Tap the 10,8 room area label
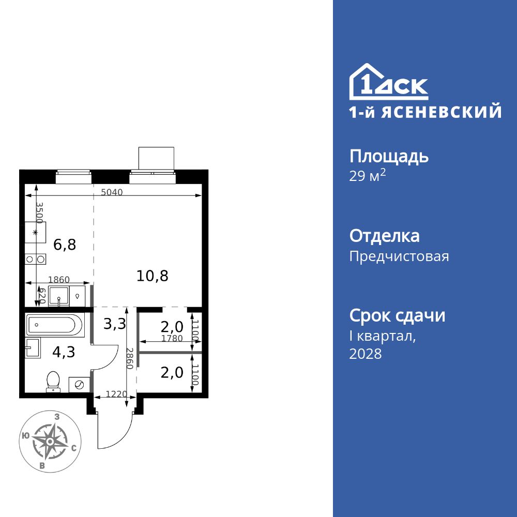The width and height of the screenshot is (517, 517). coord(153,276)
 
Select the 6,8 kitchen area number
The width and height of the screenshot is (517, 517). coord(65,245)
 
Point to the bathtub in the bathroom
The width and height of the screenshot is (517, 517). coord(54,325)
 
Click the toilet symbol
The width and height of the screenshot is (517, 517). coord(53,382)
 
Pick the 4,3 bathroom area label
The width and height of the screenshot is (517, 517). coord(64,352)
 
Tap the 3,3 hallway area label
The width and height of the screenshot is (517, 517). coord(115,324)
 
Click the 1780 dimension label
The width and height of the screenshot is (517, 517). coord(171,339)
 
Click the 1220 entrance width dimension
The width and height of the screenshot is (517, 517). coord(116,394)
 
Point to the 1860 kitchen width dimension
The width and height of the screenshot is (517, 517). coord(58,280)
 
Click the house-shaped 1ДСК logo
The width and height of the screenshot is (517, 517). coord(388,83)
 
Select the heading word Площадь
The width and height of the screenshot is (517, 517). coord(389,156)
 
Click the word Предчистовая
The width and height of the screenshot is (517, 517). coord(399,256)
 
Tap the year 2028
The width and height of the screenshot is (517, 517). coord(366,354)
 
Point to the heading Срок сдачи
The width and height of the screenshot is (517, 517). coord(397,315)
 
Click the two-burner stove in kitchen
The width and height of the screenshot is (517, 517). coord(36,259)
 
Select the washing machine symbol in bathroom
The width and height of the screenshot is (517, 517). coord(80,385)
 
